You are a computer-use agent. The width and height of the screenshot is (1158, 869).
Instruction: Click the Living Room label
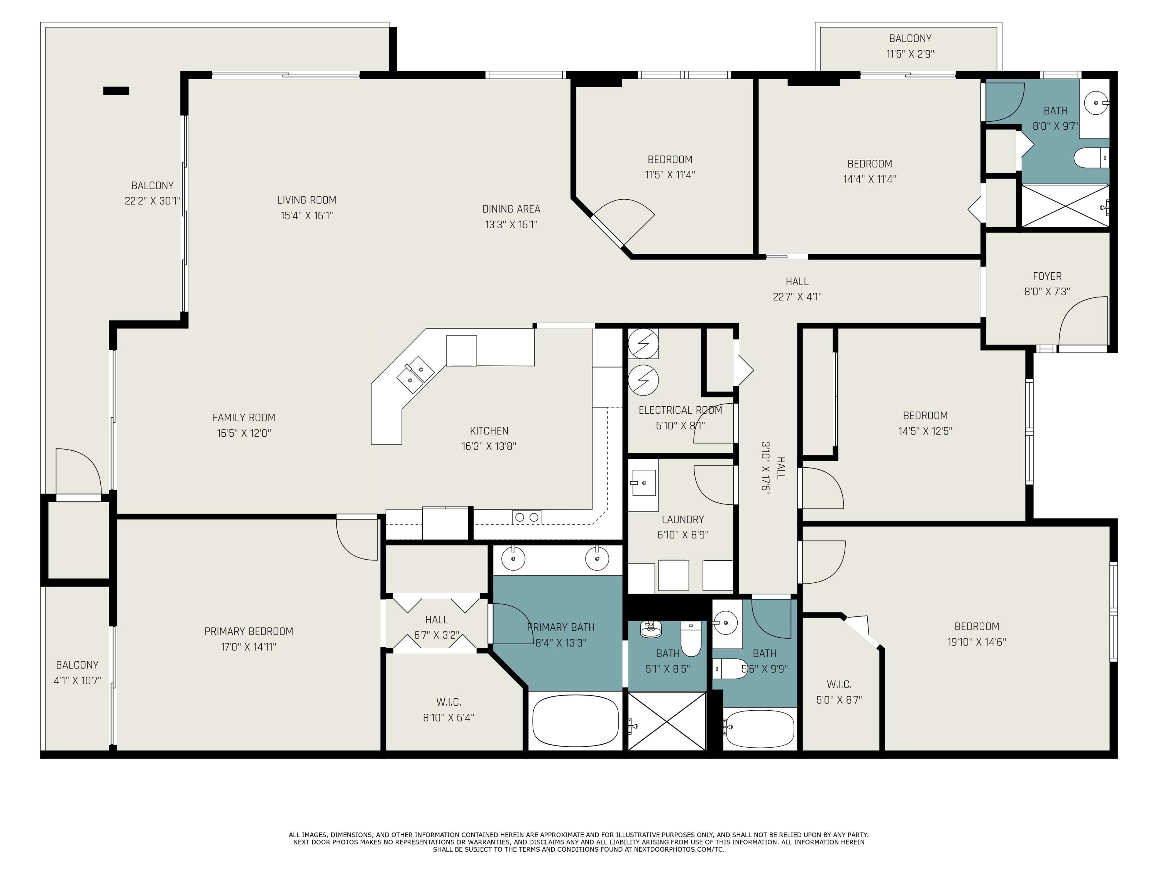[x=307, y=200]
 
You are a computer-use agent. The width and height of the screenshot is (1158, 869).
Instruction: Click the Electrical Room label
[x=680, y=410]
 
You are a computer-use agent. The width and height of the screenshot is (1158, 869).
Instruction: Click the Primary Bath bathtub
[x=576, y=720]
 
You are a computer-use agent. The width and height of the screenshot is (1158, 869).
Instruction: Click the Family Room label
[x=244, y=418]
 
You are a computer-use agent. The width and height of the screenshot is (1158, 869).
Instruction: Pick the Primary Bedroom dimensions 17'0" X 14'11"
[x=249, y=647]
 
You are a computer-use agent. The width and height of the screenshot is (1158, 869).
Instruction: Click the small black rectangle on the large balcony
[x=116, y=91]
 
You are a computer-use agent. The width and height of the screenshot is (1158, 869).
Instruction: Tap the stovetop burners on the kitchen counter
[x=527, y=517]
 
